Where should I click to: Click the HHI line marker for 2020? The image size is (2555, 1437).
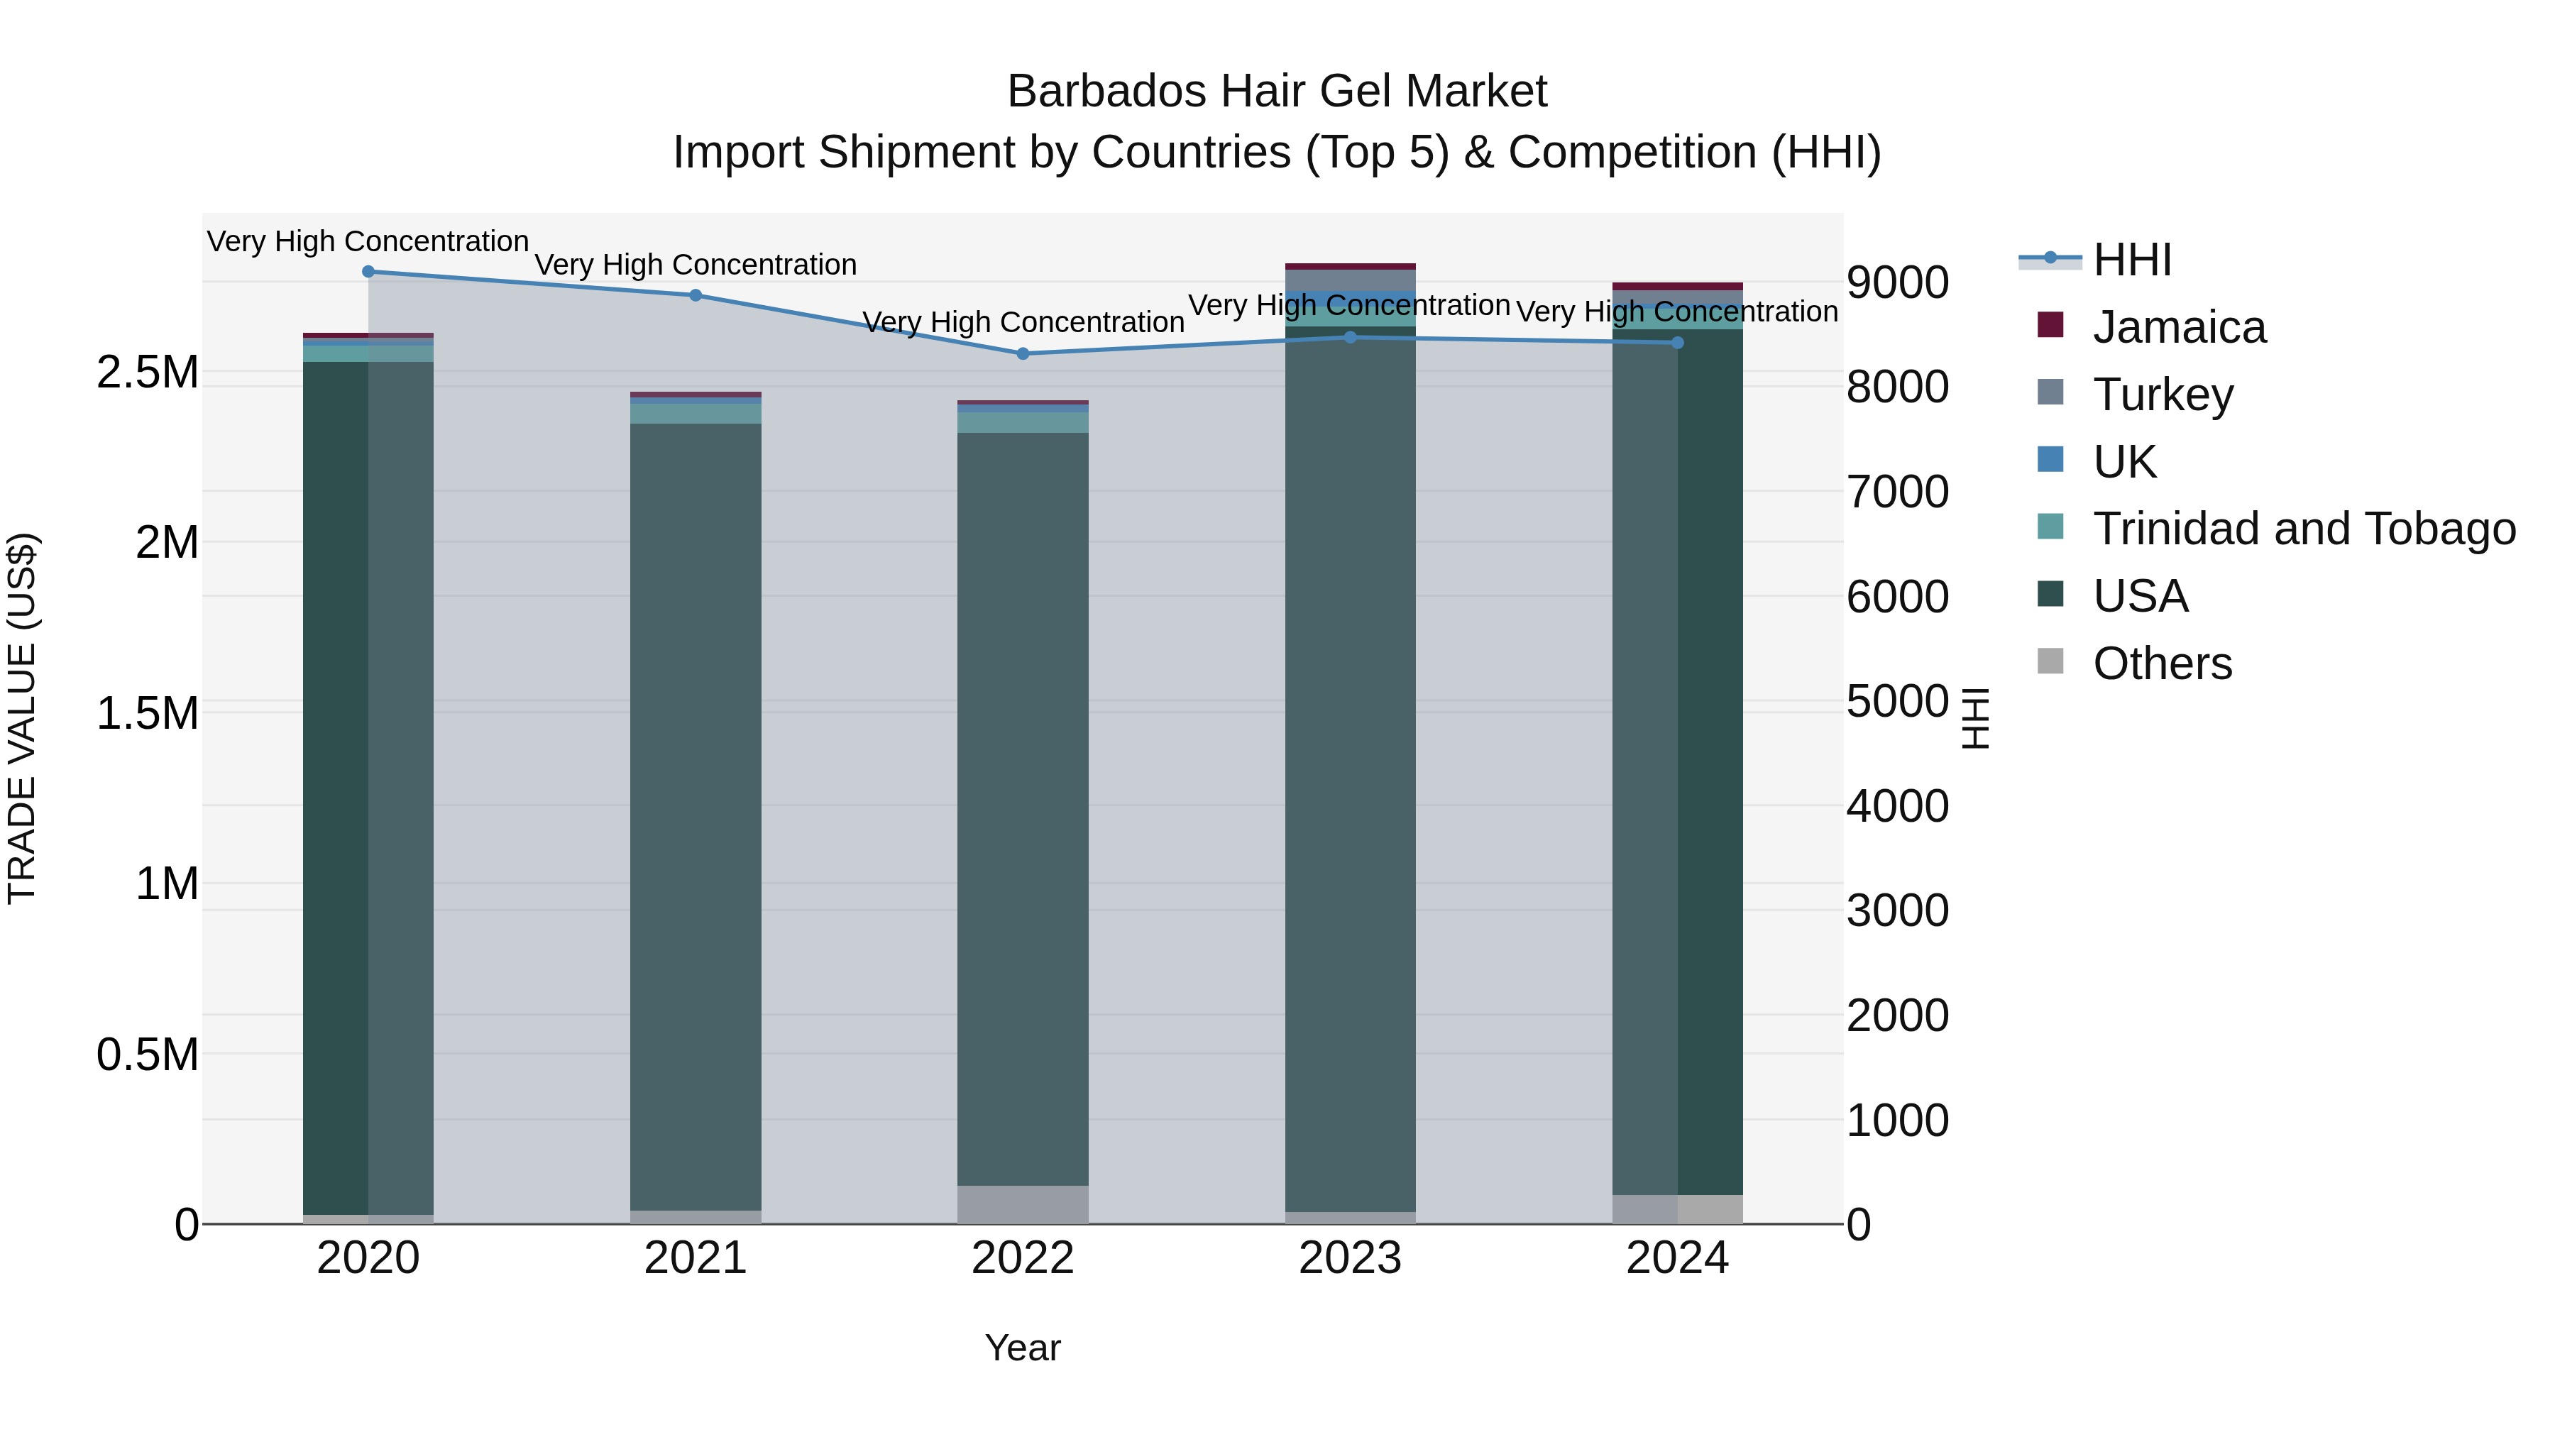coord(368,272)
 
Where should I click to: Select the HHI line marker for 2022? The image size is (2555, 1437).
coord(1023,354)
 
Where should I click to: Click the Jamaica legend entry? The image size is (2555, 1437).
coord(2179,327)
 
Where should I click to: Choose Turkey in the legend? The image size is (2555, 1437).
coord(2163,395)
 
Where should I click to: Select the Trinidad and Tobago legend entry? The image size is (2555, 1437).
coord(2303,529)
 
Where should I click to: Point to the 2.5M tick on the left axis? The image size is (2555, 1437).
coord(148,373)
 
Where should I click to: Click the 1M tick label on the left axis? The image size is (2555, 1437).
coord(167,883)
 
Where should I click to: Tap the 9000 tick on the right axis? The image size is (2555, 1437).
coord(1897,282)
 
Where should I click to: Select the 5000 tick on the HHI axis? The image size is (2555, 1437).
coord(1897,702)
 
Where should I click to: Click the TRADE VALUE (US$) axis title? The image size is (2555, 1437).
coord(22,718)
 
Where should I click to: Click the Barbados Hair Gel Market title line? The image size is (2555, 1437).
coord(1277,92)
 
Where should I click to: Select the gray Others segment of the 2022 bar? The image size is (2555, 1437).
coord(1023,1204)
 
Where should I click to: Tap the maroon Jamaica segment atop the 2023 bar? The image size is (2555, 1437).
coord(1350,267)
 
